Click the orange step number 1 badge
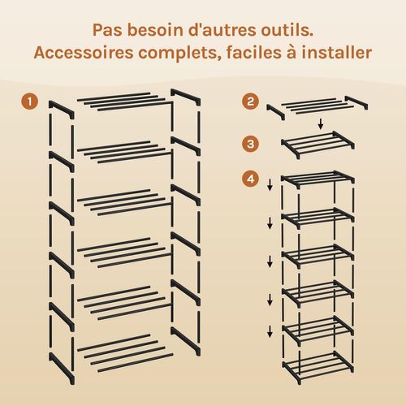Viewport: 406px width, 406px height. coord(29,103)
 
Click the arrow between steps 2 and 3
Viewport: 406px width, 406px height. coord(321,124)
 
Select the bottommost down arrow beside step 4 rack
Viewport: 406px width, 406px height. coord(269,331)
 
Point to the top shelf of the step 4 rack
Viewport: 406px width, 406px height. coord(313,179)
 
